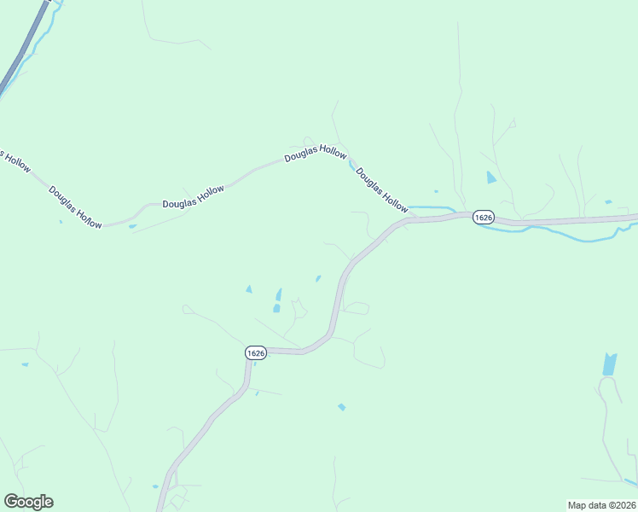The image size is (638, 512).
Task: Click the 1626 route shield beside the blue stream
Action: click(484, 217)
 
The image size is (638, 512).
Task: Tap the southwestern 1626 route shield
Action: click(256, 352)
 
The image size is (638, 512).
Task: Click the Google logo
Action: click(28, 502)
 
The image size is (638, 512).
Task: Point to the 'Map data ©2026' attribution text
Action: click(601, 504)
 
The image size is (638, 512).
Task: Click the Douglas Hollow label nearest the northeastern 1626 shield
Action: click(381, 189)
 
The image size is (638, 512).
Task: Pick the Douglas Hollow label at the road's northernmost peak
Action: click(316, 154)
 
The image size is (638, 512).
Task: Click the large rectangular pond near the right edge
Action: click(609, 364)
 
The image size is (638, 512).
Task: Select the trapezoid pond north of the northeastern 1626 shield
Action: click(490, 177)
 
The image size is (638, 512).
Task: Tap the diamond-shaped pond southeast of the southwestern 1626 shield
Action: click(341, 407)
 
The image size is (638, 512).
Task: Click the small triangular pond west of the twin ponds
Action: click(249, 289)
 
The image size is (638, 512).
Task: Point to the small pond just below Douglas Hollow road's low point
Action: click(132, 226)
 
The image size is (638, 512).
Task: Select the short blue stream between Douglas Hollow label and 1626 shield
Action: click(431, 207)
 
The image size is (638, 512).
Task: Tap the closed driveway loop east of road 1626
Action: click(356, 308)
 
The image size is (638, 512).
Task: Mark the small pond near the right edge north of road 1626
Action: click(607, 202)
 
